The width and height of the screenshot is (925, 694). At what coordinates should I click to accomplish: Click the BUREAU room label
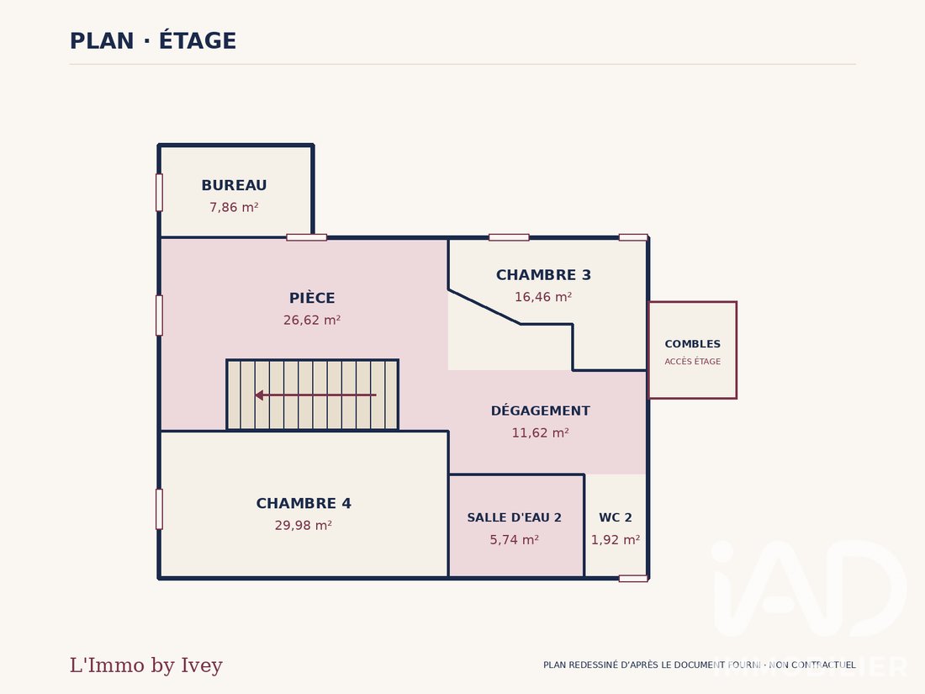235,185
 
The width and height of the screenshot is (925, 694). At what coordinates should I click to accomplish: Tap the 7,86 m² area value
235,207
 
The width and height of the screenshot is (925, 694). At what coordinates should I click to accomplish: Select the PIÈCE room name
312,298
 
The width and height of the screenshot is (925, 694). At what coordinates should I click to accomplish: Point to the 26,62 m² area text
312,320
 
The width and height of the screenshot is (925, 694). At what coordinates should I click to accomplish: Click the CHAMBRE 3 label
543,275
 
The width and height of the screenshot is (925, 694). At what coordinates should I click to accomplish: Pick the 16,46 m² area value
543,297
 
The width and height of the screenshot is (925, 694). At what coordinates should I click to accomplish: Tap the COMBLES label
693,344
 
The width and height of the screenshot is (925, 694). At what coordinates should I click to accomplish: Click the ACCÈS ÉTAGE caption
693,361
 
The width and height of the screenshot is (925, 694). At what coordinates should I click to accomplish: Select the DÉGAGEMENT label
541,411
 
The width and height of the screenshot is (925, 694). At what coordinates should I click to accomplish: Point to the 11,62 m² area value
541,432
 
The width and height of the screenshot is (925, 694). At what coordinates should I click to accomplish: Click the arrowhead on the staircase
259,395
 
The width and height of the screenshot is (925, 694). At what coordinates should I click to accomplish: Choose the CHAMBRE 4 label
304,503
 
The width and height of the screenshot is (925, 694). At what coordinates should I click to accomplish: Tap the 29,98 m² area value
304,525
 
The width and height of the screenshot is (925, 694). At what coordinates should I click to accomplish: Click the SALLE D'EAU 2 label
515,517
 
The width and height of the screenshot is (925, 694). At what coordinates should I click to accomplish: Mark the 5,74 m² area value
515,539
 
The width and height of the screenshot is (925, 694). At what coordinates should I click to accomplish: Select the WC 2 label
616,517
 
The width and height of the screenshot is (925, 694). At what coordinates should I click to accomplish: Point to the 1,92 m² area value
616,539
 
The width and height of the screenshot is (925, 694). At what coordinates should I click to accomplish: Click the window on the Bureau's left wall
159,193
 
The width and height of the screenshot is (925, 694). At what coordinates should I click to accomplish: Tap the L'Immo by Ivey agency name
146,665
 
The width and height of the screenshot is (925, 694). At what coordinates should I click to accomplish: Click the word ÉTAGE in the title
198,40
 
